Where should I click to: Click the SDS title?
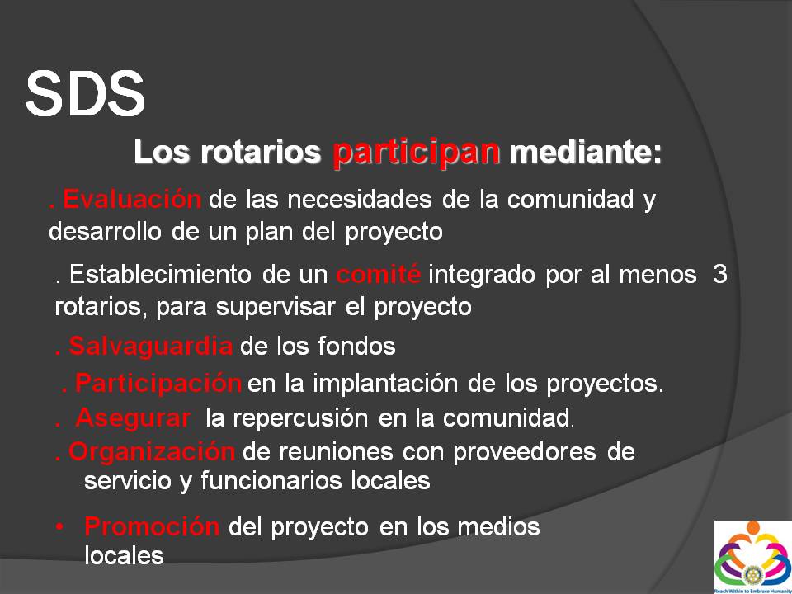(85, 93)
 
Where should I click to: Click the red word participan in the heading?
(416, 153)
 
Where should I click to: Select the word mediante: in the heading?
(585, 152)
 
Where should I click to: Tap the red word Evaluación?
(132, 199)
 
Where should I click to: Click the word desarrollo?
(106, 231)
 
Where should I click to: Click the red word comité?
(379, 274)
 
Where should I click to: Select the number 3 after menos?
(719, 275)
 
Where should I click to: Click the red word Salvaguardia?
(150, 346)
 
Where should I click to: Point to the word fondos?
(356, 346)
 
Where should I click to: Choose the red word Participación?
(158, 384)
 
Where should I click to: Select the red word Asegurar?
(134, 418)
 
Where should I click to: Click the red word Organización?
(152, 451)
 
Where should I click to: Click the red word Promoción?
(152, 527)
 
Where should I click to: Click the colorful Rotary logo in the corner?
(752, 557)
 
